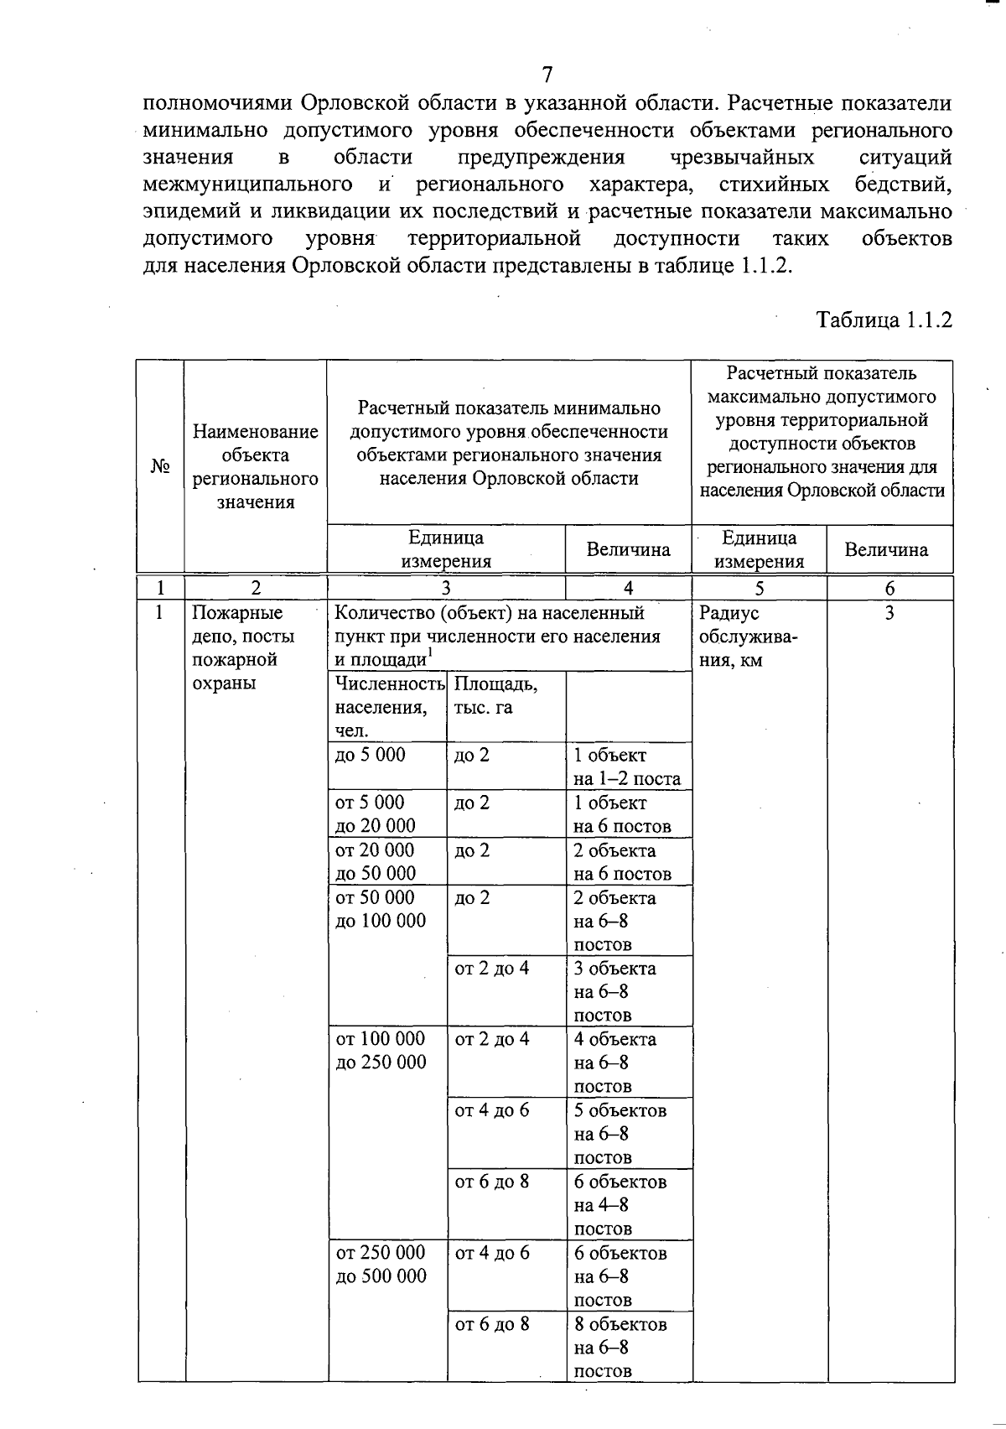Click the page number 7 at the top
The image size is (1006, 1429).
[547, 75]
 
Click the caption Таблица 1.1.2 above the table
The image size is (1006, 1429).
[884, 320]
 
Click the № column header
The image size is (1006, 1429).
[161, 466]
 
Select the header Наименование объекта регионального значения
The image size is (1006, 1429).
[255, 466]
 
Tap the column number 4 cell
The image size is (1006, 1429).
[629, 588]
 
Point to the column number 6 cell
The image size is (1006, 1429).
[889, 588]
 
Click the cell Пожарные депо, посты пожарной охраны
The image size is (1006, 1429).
[243, 647]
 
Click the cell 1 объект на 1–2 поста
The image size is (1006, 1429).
[626, 766]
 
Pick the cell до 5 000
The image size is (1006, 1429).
[370, 755]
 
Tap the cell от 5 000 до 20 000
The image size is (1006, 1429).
[376, 813]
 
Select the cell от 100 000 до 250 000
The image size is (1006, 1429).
[381, 1050]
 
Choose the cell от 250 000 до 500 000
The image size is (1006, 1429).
[381, 1264]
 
